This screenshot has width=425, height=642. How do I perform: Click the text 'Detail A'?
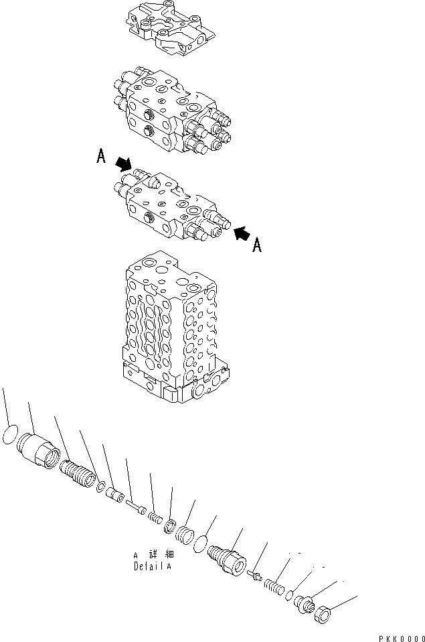[151, 566]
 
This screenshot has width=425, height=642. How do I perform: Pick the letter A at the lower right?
[256, 247]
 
